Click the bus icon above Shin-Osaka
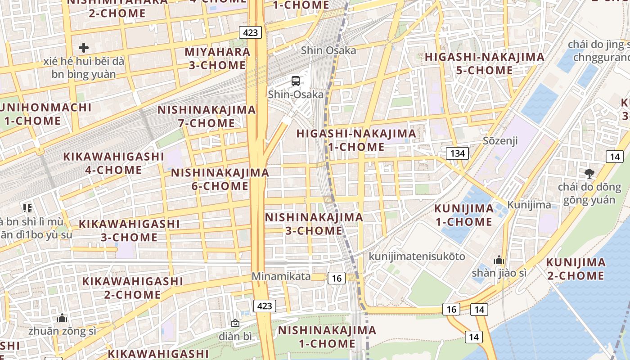tap(296, 81)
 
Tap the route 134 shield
tap(457, 153)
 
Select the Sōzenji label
tap(500, 141)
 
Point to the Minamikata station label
tap(281, 276)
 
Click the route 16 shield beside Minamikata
tap(337, 278)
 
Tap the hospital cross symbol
tap(84, 48)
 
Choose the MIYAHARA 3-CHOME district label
tap(217, 58)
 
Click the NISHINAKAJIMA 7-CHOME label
tap(206, 116)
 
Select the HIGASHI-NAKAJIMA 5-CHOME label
tap(484, 63)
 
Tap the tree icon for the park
tap(589, 174)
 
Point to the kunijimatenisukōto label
tap(417, 256)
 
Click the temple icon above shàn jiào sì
tap(499, 260)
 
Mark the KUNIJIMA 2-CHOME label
tap(576, 269)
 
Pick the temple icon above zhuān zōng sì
tap(62, 318)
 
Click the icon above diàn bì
tap(235, 323)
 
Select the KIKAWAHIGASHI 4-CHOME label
tap(113, 163)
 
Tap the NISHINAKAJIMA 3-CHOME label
tap(314, 224)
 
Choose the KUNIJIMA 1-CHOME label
tap(464, 215)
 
